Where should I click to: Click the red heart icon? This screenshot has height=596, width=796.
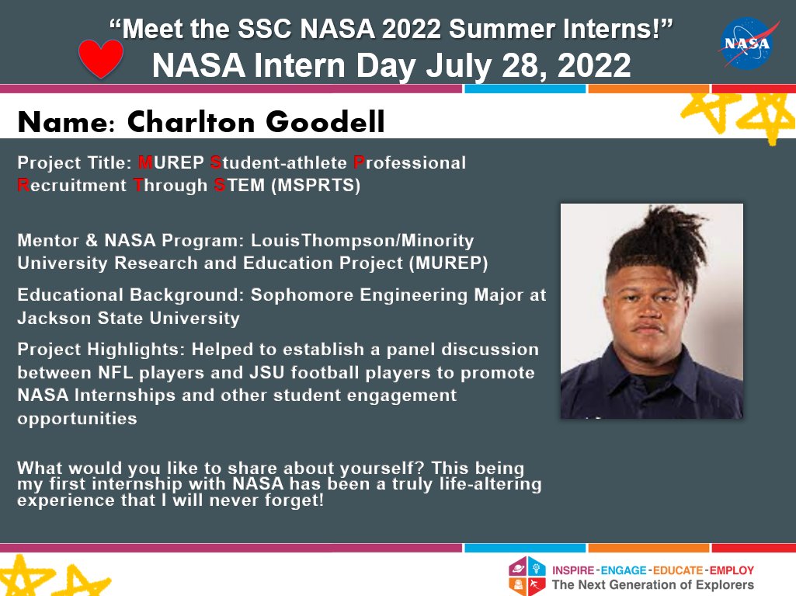click(102, 58)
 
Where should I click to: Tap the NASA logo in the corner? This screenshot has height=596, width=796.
click(749, 44)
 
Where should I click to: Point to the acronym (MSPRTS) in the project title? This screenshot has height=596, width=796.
click(316, 186)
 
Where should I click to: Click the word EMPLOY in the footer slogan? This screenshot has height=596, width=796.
click(730, 570)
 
